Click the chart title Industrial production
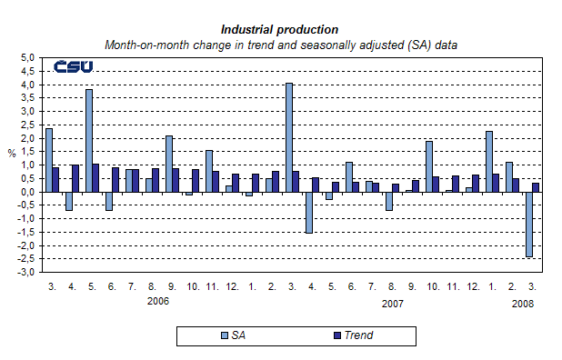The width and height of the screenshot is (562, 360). tap(279, 29)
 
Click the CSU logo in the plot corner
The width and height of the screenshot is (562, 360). tap(73, 67)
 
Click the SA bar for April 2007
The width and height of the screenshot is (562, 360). tap(309, 212)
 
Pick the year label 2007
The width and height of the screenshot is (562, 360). tap(393, 303)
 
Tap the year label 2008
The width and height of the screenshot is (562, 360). tap(521, 303)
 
